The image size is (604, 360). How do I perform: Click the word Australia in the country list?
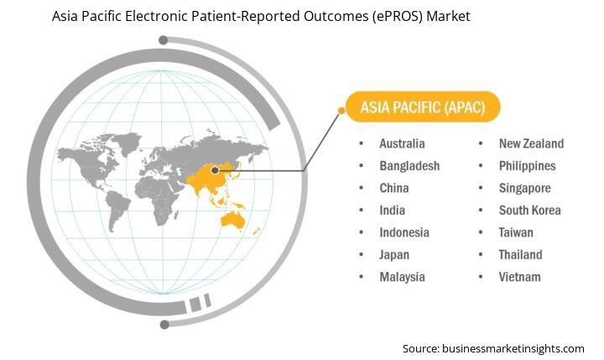pyautogui.click(x=402, y=143)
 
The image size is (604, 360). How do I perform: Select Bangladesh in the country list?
pyautogui.click(x=409, y=166)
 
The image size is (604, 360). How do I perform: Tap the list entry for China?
pyautogui.click(x=394, y=188)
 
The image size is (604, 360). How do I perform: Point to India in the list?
pyautogui.click(x=392, y=211)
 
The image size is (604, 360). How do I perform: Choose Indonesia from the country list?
pyautogui.click(x=404, y=232)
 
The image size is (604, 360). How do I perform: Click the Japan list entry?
pyautogui.click(x=394, y=255)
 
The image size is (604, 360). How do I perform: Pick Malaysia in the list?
pyautogui.click(x=402, y=277)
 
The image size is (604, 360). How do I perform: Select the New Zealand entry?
pyautogui.click(x=531, y=143)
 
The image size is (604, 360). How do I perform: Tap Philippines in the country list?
pyautogui.click(x=528, y=166)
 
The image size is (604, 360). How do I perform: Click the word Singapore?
pyautogui.click(x=524, y=189)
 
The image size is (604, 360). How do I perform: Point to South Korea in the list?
pyautogui.click(x=529, y=211)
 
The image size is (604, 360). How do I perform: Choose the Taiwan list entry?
pyautogui.click(x=516, y=232)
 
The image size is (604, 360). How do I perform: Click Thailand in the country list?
pyautogui.click(x=520, y=255)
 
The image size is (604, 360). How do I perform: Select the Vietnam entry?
pyautogui.click(x=519, y=277)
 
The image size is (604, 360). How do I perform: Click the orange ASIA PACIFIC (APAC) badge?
pyautogui.click(x=423, y=107)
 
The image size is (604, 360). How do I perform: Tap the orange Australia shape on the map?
pyautogui.click(x=232, y=220)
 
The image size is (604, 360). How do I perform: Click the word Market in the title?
pyautogui.click(x=448, y=16)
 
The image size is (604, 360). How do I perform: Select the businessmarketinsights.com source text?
pyautogui.click(x=513, y=349)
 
